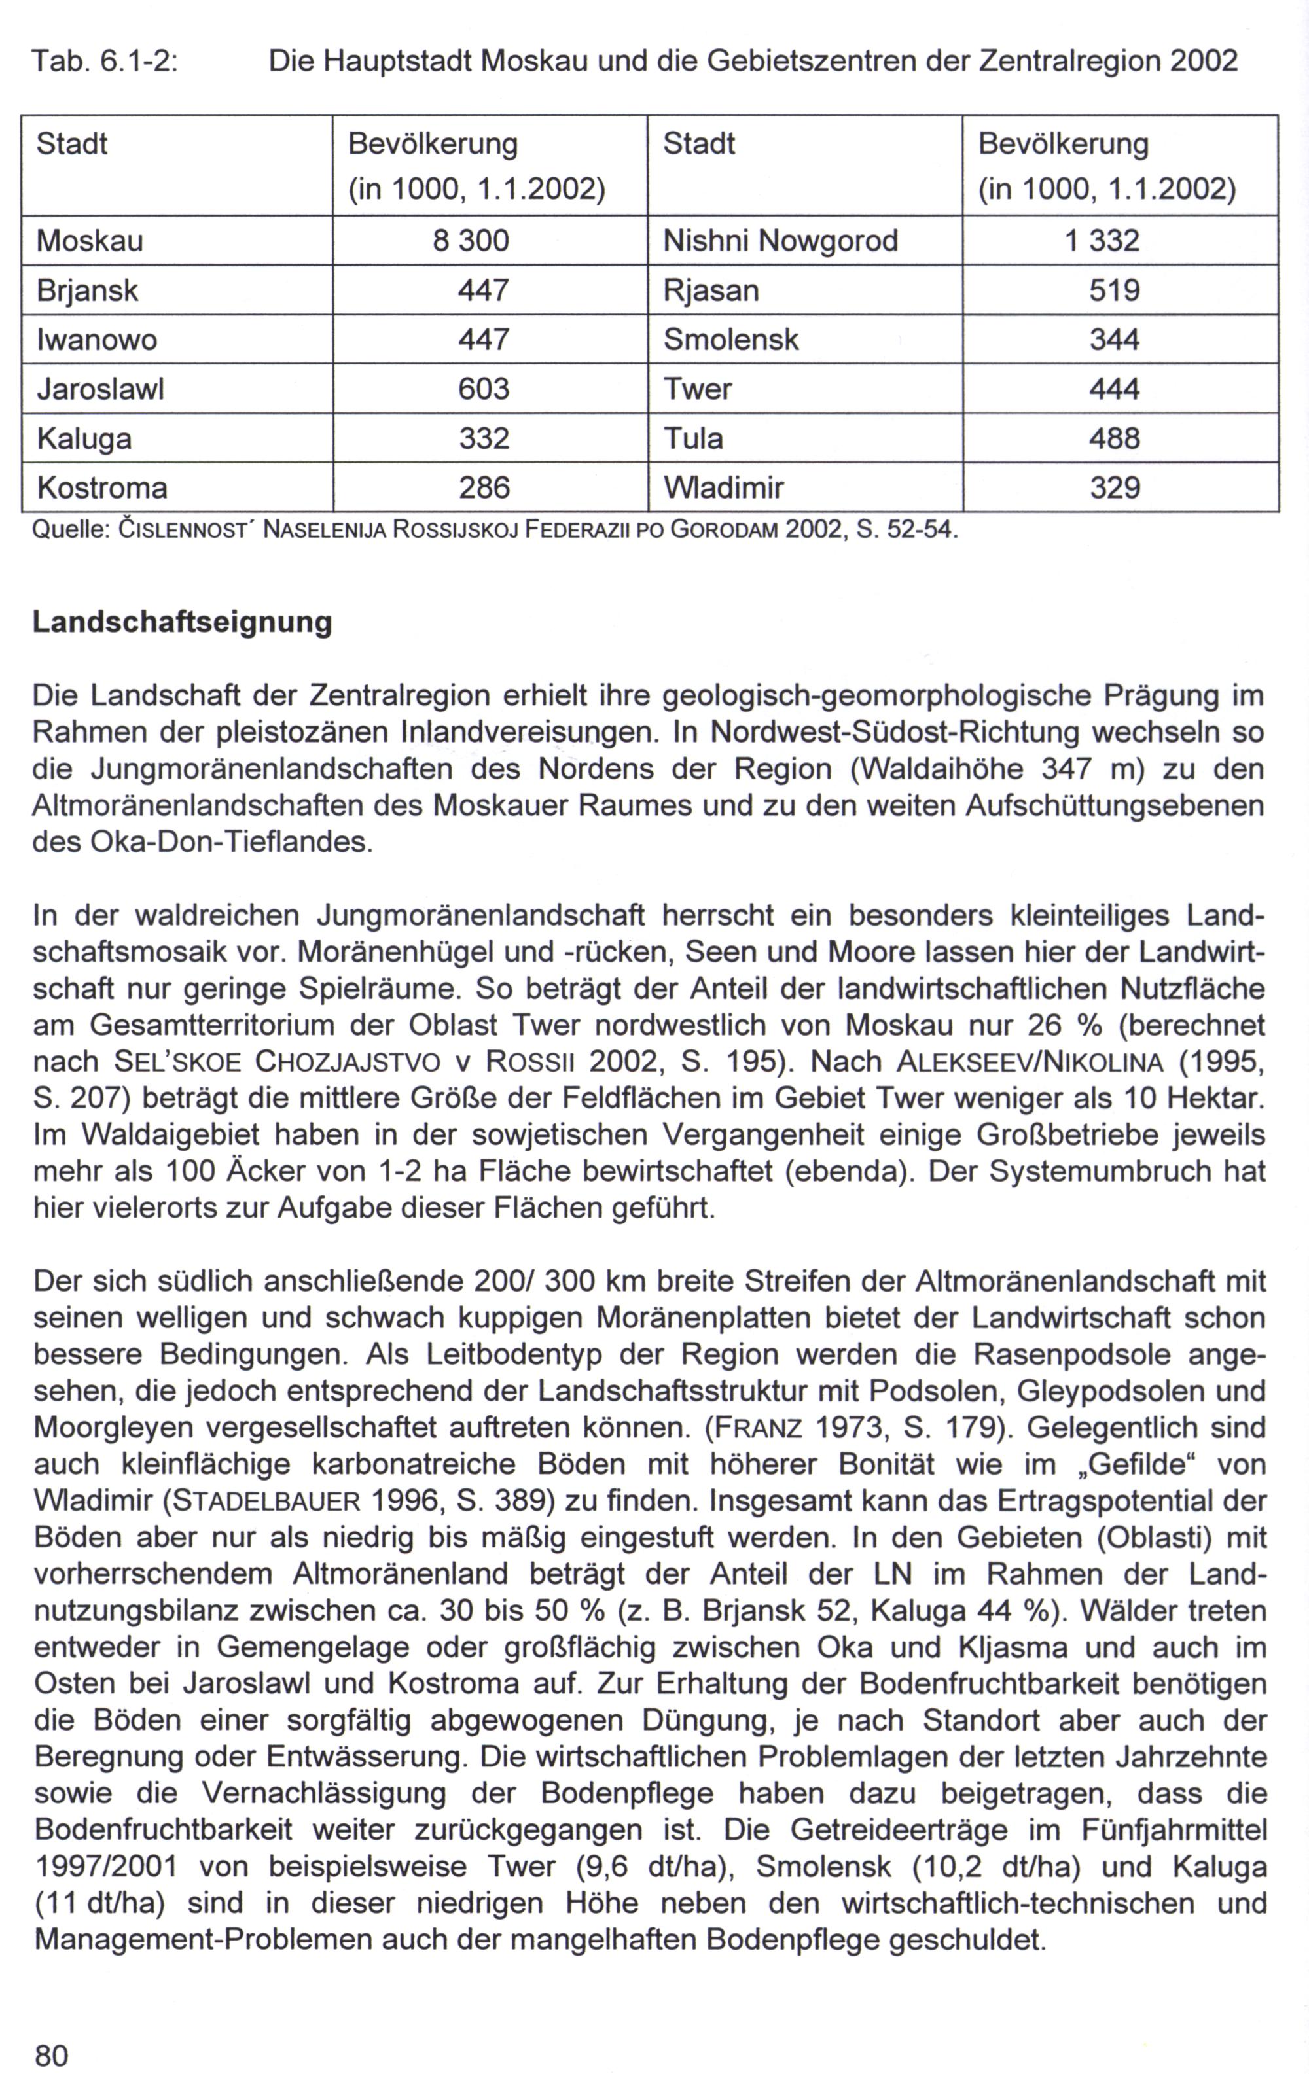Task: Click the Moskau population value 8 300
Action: [x=471, y=240]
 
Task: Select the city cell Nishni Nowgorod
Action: [x=780, y=240]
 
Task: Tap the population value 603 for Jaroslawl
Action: [x=484, y=389]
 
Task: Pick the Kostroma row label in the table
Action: [x=101, y=488]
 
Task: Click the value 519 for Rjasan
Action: [x=1114, y=290]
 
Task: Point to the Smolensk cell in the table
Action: [x=731, y=340]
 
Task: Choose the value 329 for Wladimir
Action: [x=1114, y=488]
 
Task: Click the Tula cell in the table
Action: [x=693, y=439]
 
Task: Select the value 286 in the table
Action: [x=484, y=488]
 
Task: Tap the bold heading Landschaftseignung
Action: [x=182, y=622]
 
